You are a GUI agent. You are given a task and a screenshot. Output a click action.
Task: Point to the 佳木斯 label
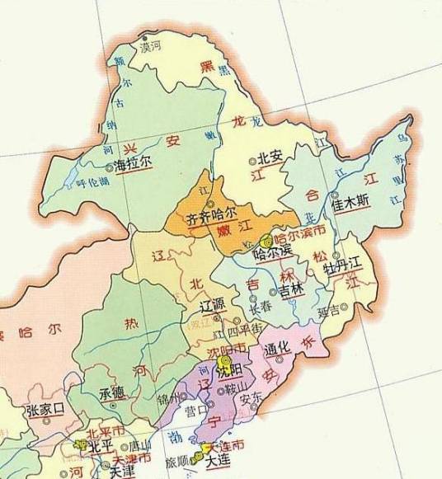(350, 200)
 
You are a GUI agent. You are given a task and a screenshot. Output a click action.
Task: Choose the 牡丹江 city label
(342, 268)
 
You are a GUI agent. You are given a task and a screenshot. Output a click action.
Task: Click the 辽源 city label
(212, 304)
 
